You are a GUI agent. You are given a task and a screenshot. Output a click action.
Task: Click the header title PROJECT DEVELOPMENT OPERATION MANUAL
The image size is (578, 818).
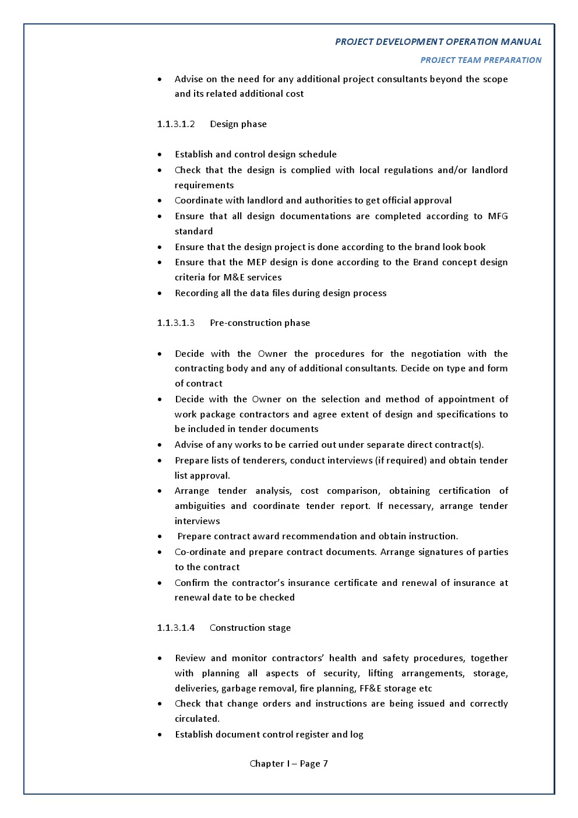tap(438, 42)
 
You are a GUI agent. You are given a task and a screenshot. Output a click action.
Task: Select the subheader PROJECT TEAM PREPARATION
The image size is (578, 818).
tap(481, 60)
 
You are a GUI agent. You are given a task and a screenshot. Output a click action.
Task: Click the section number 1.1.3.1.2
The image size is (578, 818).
tap(175, 124)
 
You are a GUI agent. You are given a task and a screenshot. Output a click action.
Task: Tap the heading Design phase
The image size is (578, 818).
tap(238, 124)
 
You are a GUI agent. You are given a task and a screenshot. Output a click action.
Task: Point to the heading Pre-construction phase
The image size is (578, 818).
tap(260, 323)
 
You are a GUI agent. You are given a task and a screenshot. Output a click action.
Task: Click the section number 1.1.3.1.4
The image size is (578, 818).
tap(175, 628)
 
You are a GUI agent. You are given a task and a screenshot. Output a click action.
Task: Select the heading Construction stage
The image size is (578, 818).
tap(250, 628)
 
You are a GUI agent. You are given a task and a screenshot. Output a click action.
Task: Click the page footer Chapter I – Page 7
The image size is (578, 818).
tap(288, 764)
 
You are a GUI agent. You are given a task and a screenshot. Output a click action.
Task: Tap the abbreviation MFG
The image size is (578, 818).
tap(498, 216)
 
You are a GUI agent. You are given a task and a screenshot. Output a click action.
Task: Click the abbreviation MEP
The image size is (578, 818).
tap(256, 262)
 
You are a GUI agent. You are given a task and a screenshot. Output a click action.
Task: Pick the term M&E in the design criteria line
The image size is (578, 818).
tap(234, 278)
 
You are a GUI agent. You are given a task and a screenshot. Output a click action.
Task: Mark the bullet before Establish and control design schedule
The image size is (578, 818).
tap(160, 155)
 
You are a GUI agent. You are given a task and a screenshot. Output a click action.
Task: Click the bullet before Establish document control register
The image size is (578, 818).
tap(160, 735)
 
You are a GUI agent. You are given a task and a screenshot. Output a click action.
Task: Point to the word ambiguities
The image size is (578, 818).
tap(199, 506)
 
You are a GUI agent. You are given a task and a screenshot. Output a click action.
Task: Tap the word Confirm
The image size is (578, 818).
tap(192, 583)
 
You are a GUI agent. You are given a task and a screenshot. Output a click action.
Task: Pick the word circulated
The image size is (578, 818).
tap(197, 719)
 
